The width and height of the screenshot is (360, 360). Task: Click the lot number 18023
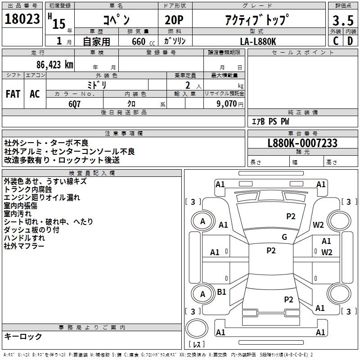click(22, 20)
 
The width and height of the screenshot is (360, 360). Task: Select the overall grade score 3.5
click(342, 21)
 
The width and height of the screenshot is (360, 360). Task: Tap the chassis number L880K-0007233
click(302, 144)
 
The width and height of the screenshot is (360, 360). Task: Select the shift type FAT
click(13, 94)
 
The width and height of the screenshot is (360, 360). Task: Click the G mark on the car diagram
click(284, 237)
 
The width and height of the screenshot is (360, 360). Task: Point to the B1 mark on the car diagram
click(222, 292)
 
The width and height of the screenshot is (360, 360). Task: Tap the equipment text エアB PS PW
click(270, 121)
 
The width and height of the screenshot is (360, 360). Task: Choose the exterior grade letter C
click(335, 41)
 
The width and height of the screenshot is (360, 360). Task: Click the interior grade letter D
click(350, 41)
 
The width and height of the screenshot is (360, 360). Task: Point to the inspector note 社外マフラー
click(24, 246)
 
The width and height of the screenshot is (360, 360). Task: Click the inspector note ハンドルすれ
click(24, 238)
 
